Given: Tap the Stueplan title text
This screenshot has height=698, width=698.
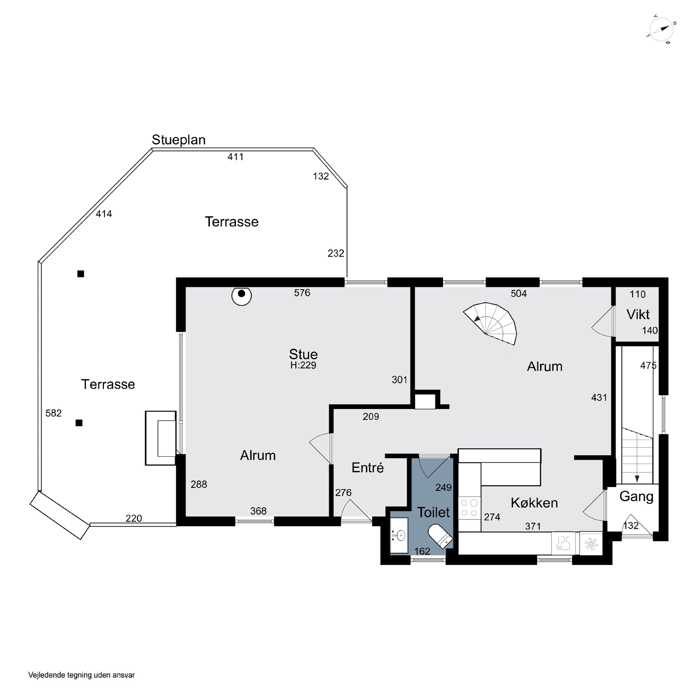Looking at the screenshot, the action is (x=178, y=140).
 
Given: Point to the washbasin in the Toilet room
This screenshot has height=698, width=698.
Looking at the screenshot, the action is (x=399, y=535).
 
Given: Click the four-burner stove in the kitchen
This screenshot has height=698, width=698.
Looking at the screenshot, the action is (x=469, y=508).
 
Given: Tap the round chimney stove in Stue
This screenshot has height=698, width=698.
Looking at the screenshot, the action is (x=241, y=295).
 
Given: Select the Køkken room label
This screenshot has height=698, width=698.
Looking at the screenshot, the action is (x=534, y=503).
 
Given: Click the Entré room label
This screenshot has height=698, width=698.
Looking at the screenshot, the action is (x=367, y=467).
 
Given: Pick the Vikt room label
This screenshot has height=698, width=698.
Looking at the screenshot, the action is (x=638, y=314).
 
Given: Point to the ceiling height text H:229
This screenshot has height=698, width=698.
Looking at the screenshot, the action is (x=303, y=365).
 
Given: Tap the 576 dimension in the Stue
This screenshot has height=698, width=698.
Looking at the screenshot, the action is (x=302, y=293).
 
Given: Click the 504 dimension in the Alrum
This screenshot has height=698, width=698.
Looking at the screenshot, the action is (x=519, y=293).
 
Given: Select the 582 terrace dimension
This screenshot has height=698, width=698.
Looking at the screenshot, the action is (x=54, y=413).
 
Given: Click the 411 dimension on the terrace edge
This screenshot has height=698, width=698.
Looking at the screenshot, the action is (x=235, y=157).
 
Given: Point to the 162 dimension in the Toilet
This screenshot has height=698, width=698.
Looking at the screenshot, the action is (x=422, y=551).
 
